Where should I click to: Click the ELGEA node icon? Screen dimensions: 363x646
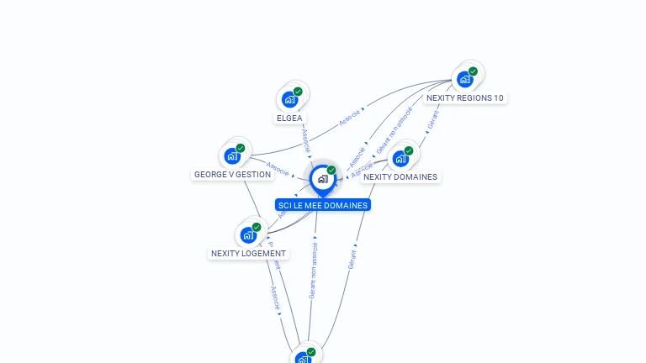tap(289, 99)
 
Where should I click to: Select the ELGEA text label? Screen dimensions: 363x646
tap(289, 118)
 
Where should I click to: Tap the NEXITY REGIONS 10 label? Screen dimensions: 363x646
tap(464, 97)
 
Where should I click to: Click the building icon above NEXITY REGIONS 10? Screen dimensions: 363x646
tap(464, 80)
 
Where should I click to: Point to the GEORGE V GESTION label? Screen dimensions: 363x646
tap(232, 175)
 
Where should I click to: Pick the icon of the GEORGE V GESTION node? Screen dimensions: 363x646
tap(232, 156)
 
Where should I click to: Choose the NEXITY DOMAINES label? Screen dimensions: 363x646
tap(400, 177)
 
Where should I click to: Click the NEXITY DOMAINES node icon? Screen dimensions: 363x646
tap(400, 158)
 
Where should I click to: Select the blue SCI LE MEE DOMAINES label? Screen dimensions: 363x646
tap(323, 205)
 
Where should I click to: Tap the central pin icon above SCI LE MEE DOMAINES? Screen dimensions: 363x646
tap(322, 179)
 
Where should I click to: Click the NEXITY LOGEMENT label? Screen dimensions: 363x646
tap(248, 253)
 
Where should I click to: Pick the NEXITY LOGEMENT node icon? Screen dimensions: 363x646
tap(248, 234)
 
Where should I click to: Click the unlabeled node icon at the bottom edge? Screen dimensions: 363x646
tap(304, 359)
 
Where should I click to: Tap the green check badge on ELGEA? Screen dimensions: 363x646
tap(298, 92)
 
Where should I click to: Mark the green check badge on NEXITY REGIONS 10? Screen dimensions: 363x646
tap(473, 71)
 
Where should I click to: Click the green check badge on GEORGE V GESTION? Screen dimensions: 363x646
tap(241, 149)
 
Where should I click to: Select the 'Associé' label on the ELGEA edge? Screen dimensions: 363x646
tap(305, 140)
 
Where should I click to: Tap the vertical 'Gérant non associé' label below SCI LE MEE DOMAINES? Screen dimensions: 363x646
tap(313, 271)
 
